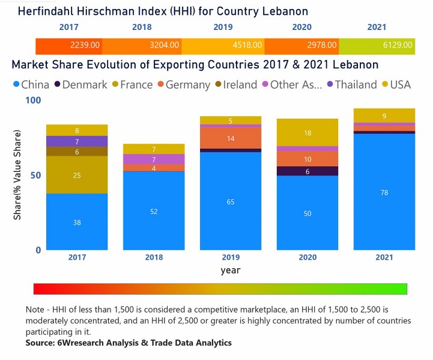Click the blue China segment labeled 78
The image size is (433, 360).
click(x=384, y=191)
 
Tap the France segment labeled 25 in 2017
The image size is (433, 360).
click(x=77, y=175)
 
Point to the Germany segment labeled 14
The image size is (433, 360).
click(x=231, y=138)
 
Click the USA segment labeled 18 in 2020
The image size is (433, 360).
click(x=307, y=133)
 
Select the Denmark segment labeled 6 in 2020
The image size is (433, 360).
click(x=307, y=171)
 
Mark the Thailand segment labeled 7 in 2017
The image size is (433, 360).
click(x=77, y=142)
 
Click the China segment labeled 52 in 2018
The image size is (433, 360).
click(x=154, y=211)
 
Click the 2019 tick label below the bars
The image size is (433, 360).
click(x=231, y=257)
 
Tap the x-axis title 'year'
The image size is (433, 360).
click(x=231, y=271)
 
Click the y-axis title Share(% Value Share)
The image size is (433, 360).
click(x=18, y=175)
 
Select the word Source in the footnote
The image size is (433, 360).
click(x=41, y=343)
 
